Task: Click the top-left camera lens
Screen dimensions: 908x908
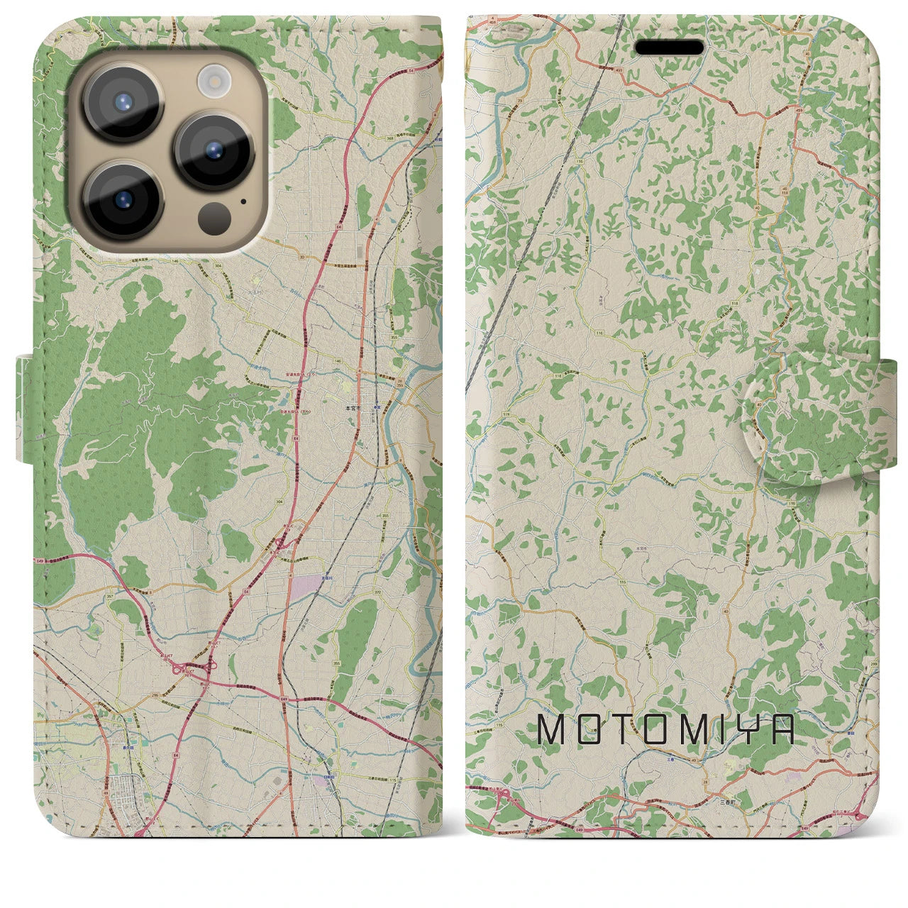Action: [x=123, y=102]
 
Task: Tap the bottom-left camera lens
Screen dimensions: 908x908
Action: [x=123, y=200]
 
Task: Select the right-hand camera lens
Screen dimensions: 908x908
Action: [x=214, y=150]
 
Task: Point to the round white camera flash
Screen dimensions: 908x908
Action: [x=212, y=79]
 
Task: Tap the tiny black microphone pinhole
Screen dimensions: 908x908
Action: [x=243, y=201]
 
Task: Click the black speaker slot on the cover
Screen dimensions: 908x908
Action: [x=669, y=48]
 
